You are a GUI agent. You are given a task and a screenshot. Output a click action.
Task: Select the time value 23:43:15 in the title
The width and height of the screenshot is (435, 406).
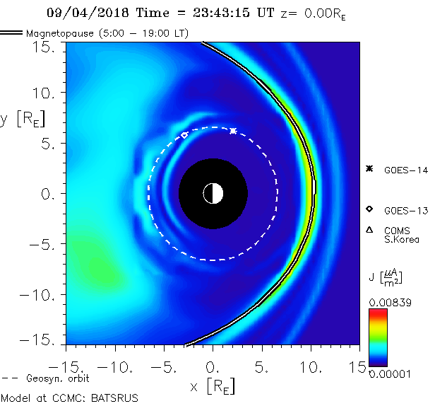205,13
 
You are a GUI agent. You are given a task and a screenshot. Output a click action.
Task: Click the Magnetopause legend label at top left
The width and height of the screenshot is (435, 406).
107,33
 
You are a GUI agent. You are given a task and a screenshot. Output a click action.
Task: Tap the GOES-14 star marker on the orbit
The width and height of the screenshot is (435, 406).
233,131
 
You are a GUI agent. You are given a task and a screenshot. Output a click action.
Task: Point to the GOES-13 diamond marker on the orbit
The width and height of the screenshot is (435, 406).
185,135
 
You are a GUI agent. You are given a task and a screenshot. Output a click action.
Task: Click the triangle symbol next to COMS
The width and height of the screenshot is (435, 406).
369,230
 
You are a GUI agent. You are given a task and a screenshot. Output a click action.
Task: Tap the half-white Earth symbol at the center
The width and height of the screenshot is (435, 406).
213,193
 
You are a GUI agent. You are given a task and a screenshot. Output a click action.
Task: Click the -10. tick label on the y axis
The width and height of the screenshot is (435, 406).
41,294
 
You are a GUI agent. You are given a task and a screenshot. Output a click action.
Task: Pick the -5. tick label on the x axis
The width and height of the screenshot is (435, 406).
161,369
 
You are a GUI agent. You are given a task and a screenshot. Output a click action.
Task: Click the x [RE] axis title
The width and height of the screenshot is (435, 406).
213,386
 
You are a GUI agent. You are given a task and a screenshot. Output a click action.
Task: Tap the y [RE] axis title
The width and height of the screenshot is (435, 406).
20,119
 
